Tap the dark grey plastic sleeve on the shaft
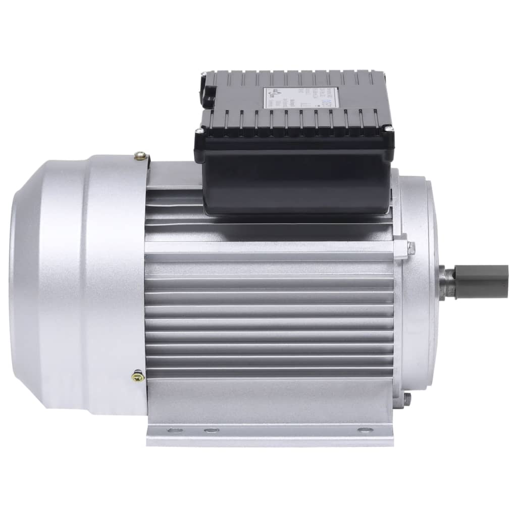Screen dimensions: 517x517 click(481, 282)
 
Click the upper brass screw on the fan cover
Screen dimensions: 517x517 click(141, 157)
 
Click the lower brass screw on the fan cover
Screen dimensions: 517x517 click(137, 376)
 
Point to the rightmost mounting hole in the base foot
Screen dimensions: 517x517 click(362, 431)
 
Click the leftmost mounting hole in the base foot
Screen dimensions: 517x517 click(175, 431)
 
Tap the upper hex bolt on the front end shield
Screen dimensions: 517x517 click(410, 248)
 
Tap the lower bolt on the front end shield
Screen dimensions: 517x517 click(407, 399)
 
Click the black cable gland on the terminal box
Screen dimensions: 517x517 click(206, 91)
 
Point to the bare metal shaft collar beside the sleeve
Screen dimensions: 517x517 click(447, 283)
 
